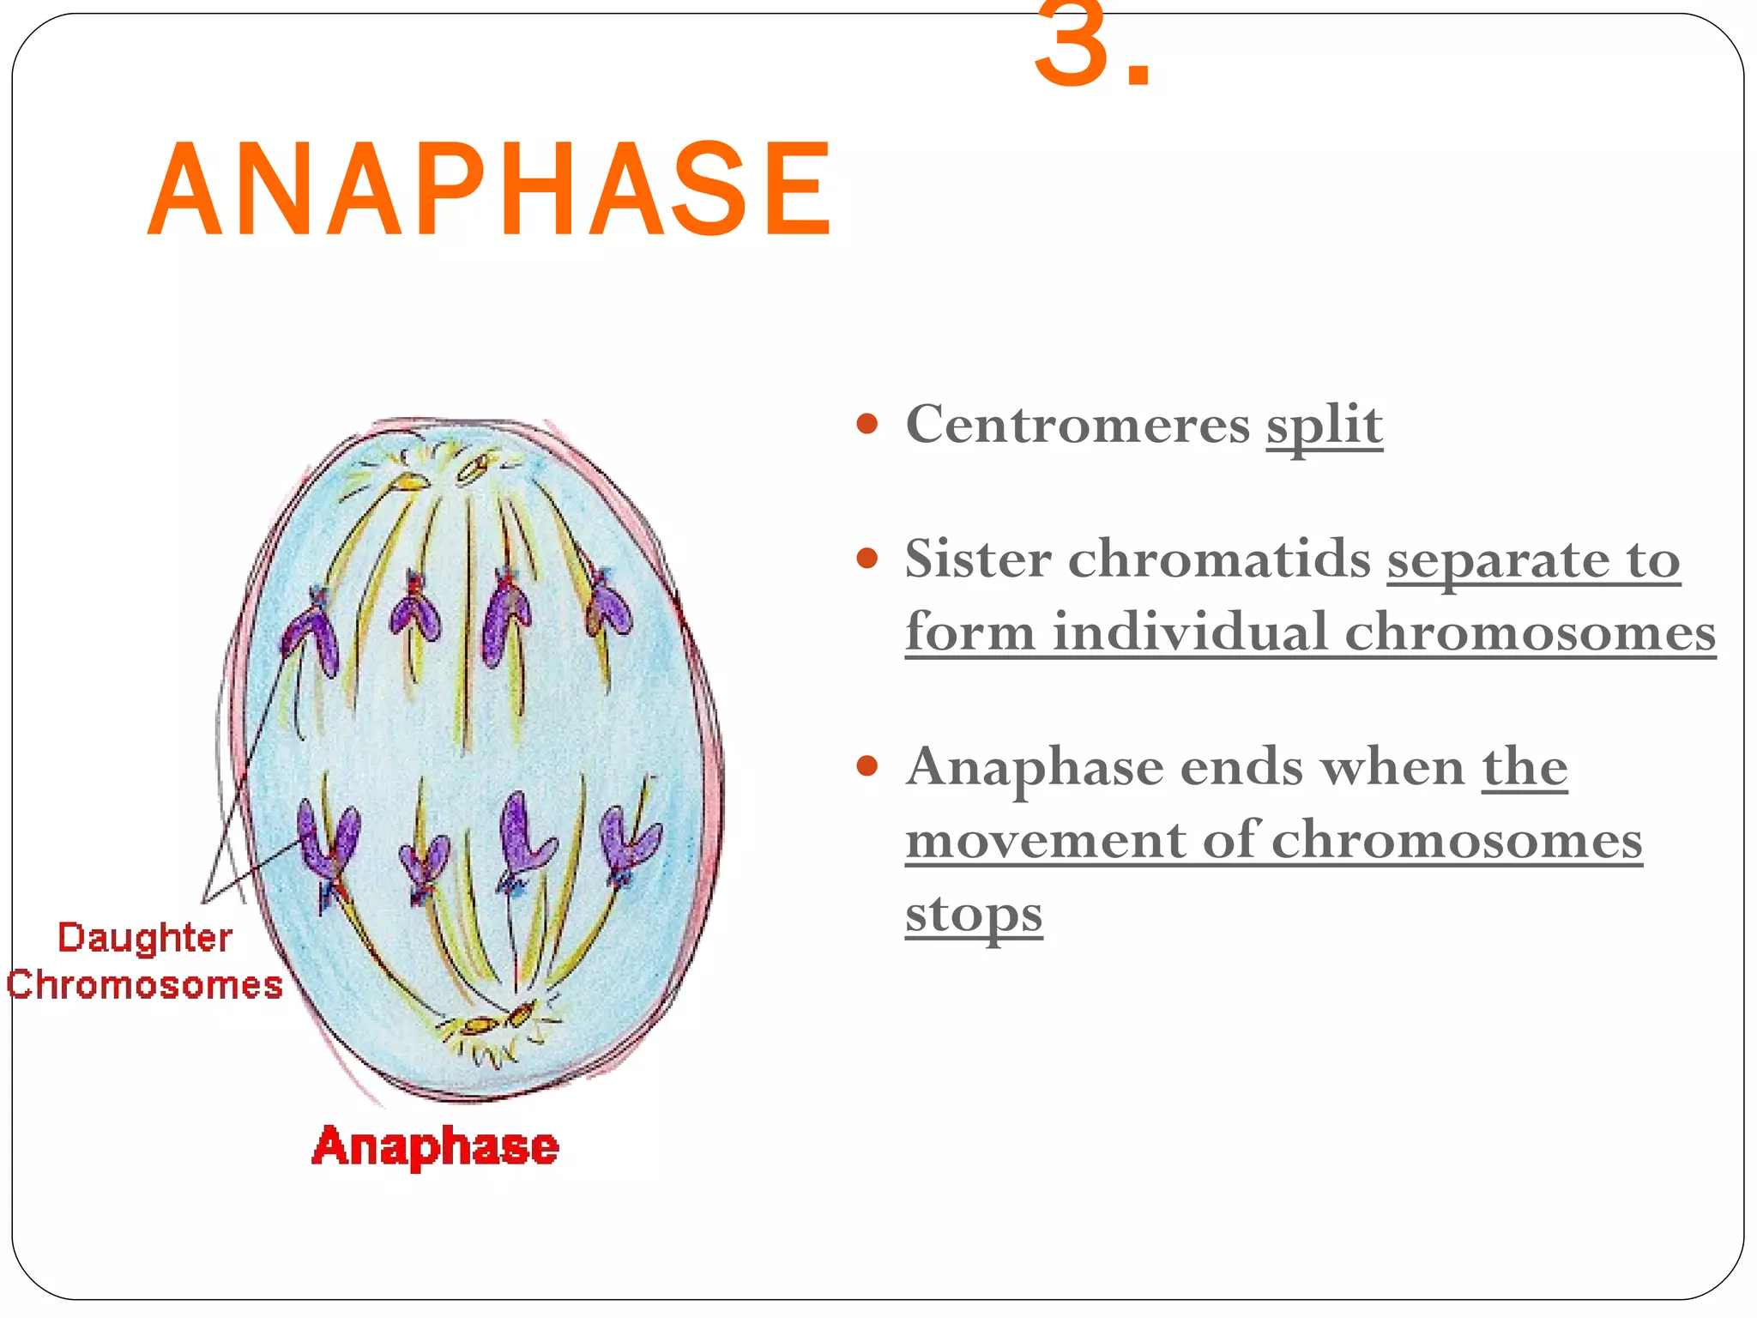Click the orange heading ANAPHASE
(x=490, y=190)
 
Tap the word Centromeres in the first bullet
(x=1078, y=424)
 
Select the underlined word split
(x=1324, y=426)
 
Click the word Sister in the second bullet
(x=978, y=559)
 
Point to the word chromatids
(x=1219, y=559)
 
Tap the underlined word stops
(x=974, y=915)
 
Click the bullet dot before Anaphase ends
(x=867, y=765)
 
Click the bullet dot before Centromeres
(x=867, y=423)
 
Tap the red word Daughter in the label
(x=144, y=939)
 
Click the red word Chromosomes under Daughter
(x=144, y=985)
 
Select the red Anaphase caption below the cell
(x=435, y=1146)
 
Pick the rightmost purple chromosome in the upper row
(x=609, y=606)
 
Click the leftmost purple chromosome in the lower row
(x=326, y=845)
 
